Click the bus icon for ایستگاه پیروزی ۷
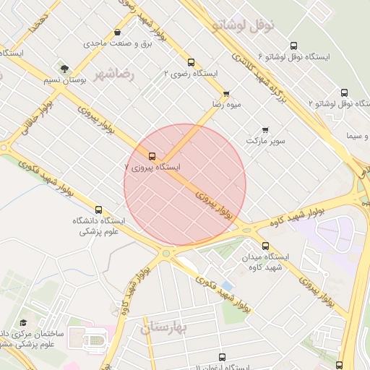click(x=152, y=156)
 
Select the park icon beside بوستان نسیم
click(x=66, y=69)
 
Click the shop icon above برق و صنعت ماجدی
click(x=117, y=33)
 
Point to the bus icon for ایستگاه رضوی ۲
click(x=191, y=63)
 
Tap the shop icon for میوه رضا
click(x=226, y=93)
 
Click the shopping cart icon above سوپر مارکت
click(x=265, y=130)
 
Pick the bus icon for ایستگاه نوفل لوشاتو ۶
click(x=293, y=45)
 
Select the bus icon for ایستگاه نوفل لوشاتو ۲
click(x=343, y=93)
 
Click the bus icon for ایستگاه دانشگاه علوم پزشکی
click(x=98, y=210)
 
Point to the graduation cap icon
click(x=23, y=322)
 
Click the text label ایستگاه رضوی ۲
click(x=191, y=73)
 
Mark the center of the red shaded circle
click(x=185, y=185)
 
